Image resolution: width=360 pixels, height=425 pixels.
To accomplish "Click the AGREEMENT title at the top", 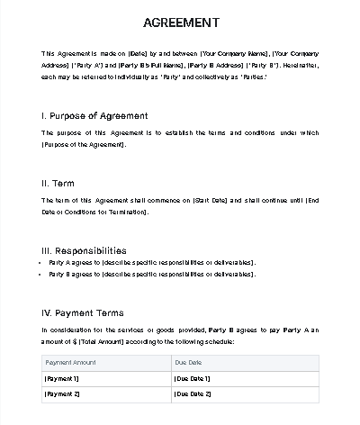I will [180, 22].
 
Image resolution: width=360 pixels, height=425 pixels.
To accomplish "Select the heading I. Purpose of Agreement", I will [94, 116].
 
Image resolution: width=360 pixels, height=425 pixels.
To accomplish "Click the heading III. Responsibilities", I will [84, 249].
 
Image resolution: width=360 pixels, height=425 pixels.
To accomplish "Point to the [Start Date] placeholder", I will [213, 199].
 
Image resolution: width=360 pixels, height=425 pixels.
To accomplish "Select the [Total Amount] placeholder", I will [107, 342].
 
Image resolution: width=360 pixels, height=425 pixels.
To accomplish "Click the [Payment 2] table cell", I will [63, 394].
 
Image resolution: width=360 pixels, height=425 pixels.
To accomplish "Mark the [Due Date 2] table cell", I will [193, 394].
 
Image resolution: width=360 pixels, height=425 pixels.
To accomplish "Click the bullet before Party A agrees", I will [44, 263].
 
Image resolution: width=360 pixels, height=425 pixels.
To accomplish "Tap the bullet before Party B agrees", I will [44, 274].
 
